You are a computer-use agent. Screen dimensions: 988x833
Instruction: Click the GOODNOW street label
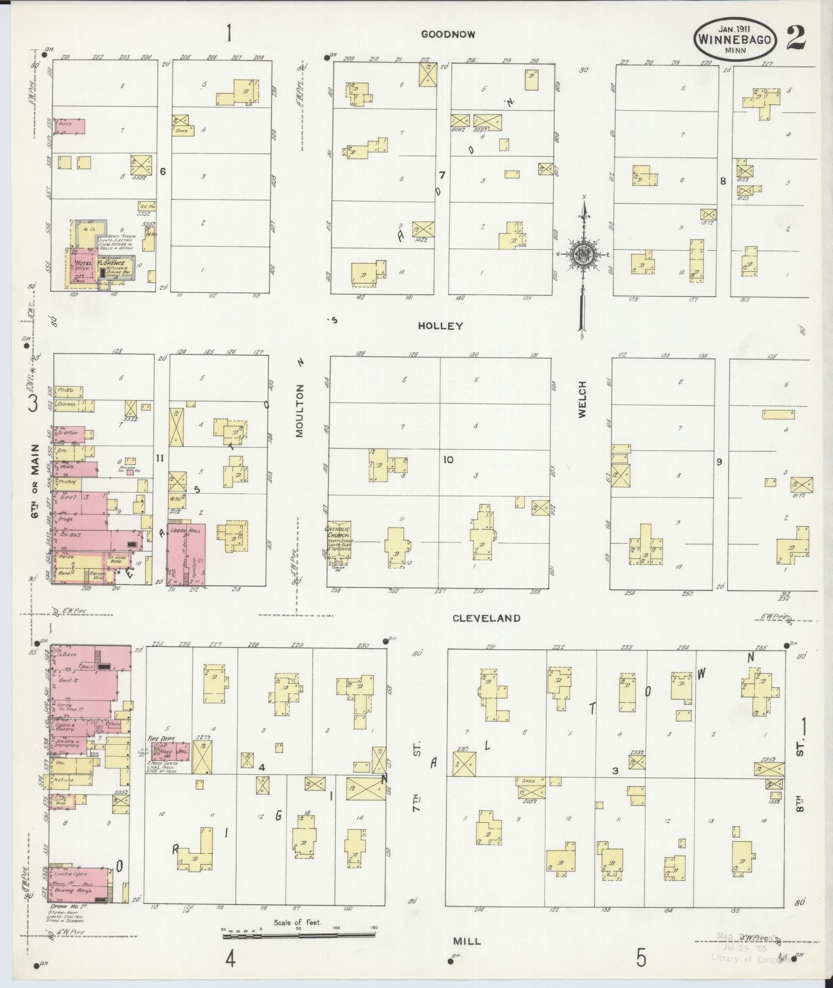click(448, 34)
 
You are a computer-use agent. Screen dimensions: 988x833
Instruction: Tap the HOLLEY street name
click(440, 326)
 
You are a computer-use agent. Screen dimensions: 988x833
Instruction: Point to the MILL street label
click(467, 941)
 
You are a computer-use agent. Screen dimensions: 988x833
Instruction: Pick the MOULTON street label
click(300, 411)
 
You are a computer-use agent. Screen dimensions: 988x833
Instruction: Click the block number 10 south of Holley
click(448, 459)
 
